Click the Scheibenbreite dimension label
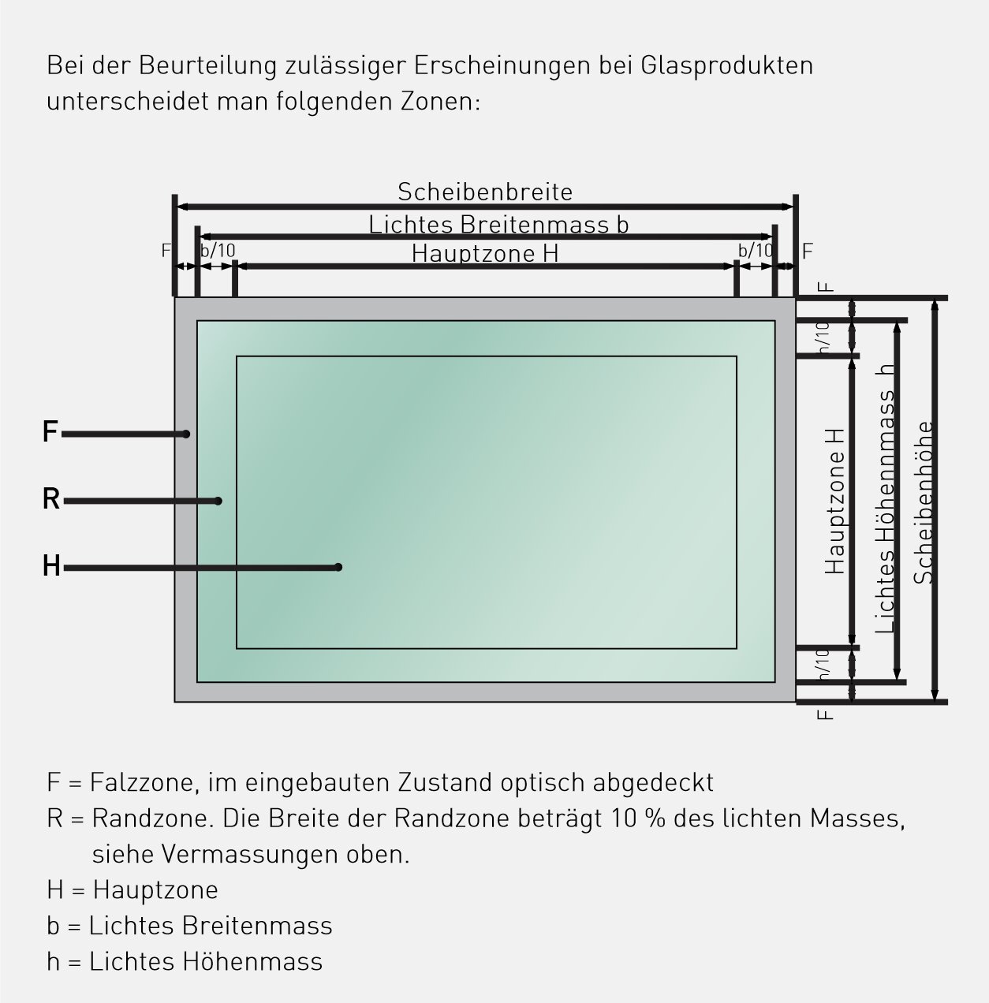pyautogui.click(x=485, y=192)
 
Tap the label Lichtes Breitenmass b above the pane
pyautogui.click(x=498, y=225)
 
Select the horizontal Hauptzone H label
pyautogui.click(x=485, y=254)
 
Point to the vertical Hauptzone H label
pyautogui.click(x=834, y=501)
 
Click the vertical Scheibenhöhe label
pyautogui.click(x=924, y=502)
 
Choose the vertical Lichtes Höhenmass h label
pyautogui.click(x=884, y=498)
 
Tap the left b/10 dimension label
pyautogui.click(x=218, y=251)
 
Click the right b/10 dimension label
pyautogui.click(x=756, y=251)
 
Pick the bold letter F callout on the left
pyautogui.click(x=50, y=431)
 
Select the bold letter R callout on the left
pyautogui.click(x=51, y=498)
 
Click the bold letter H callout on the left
pyautogui.click(x=51, y=566)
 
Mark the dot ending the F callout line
pyautogui.click(x=186, y=434)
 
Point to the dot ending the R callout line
pyautogui.click(x=218, y=501)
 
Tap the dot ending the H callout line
pyautogui.click(x=338, y=567)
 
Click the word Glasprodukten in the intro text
pyautogui.click(x=726, y=66)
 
